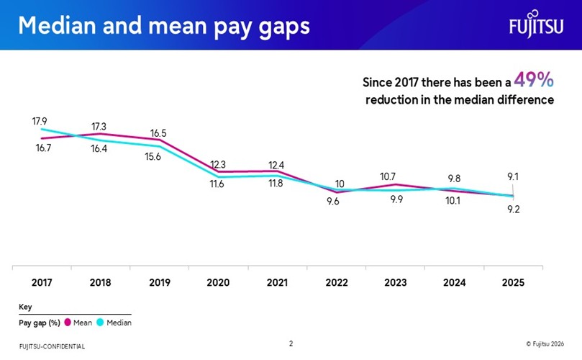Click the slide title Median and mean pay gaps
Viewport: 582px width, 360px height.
point(164,25)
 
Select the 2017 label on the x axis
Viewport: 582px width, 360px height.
point(41,283)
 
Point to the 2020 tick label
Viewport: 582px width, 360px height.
point(218,283)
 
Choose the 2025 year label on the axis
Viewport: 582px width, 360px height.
point(513,283)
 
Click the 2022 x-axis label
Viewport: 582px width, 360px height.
point(336,283)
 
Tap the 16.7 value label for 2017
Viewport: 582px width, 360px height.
point(45,148)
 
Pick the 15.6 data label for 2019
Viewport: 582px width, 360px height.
point(153,157)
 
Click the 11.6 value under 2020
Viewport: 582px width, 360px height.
point(217,184)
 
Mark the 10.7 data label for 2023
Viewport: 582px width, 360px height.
point(388,176)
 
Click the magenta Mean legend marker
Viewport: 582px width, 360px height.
point(68,323)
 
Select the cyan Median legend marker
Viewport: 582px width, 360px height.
point(101,323)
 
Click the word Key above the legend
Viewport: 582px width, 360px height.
point(25,307)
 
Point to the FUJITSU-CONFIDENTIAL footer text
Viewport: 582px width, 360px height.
point(52,346)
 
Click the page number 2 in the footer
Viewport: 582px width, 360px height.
point(291,343)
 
